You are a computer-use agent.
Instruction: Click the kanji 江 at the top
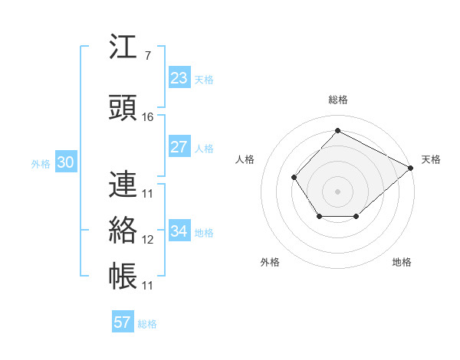(x=123, y=47)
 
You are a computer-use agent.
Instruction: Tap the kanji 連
(x=123, y=184)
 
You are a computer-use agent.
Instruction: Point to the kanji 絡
(x=123, y=230)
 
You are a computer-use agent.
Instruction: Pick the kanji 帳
(x=123, y=276)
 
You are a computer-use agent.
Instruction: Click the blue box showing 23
(x=179, y=78)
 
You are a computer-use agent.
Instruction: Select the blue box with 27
(x=179, y=147)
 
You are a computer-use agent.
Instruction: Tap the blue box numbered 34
(x=179, y=231)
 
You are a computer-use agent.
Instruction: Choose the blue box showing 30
(x=65, y=162)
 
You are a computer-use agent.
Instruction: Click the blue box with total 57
(x=123, y=322)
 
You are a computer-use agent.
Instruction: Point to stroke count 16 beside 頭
(x=148, y=116)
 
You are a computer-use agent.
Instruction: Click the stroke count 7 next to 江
(x=146, y=56)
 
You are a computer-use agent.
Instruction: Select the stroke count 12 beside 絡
(x=148, y=239)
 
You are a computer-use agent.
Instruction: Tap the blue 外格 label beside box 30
(x=41, y=163)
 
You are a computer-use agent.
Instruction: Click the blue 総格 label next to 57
(x=147, y=324)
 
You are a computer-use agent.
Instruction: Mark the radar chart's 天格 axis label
(x=431, y=159)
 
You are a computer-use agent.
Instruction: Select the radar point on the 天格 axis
(x=411, y=168)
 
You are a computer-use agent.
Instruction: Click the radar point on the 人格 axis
(x=294, y=178)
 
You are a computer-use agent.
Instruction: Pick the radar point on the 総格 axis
(x=337, y=130)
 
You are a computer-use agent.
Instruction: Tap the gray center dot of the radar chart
(x=337, y=191)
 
